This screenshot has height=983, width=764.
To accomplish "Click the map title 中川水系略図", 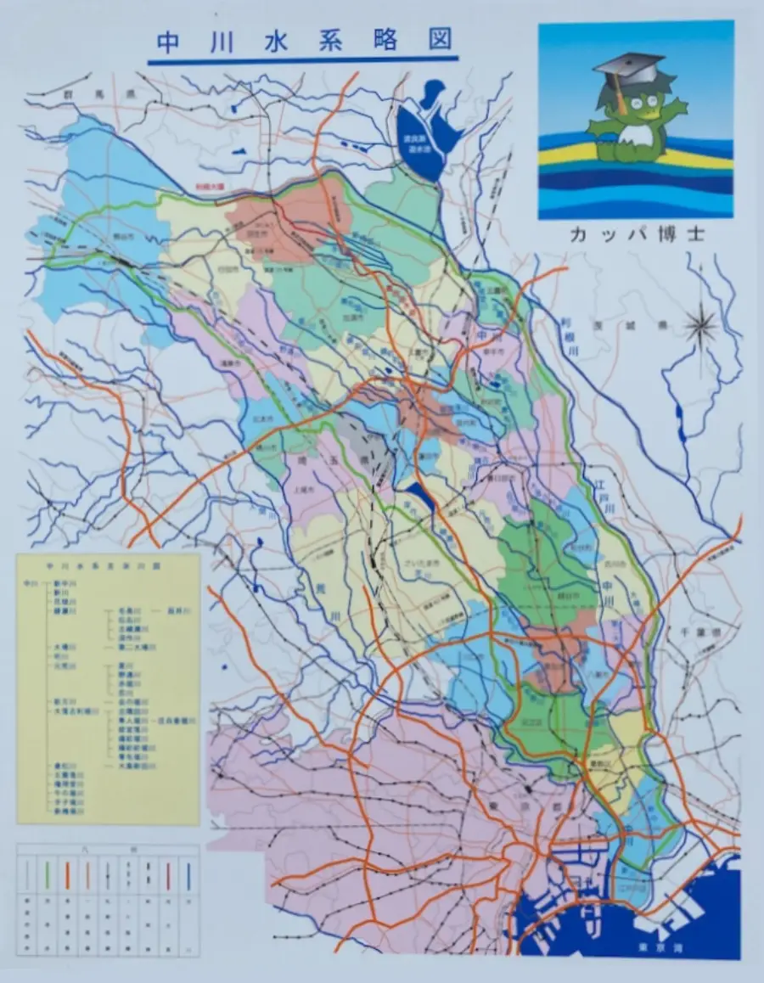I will coord(303,42).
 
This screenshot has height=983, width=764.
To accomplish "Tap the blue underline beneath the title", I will coord(303,60).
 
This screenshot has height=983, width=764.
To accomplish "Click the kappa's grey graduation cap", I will coord(628,65).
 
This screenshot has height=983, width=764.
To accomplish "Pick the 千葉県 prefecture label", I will coord(705,633).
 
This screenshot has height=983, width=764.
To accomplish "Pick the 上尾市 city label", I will coord(305,490).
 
